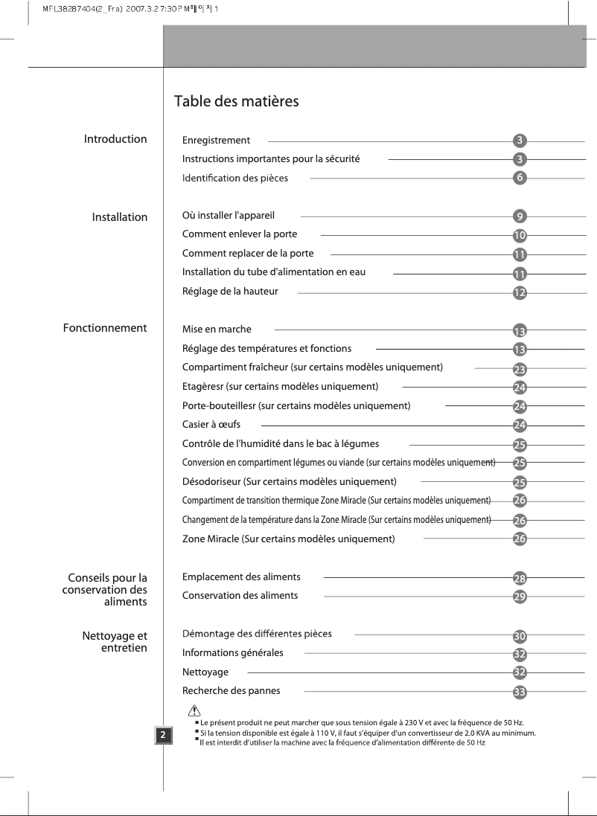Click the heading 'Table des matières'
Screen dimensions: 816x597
237,102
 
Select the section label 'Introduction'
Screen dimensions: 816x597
115,139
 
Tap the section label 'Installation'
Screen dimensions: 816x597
119,217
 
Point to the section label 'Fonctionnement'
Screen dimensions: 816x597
105,328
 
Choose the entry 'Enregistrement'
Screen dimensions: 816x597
216,140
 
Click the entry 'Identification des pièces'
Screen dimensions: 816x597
234,178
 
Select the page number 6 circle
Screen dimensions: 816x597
520,178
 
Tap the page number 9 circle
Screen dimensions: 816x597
520,216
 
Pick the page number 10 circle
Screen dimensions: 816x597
520,235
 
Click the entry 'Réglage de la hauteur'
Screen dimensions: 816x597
230,292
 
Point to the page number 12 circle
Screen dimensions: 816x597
520,292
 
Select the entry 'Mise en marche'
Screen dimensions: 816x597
217,329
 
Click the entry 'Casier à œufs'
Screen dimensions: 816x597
211,424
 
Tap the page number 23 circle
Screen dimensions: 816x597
520,368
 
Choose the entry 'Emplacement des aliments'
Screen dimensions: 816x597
241,576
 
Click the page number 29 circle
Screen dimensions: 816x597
520,596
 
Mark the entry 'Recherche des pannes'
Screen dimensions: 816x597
232,691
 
